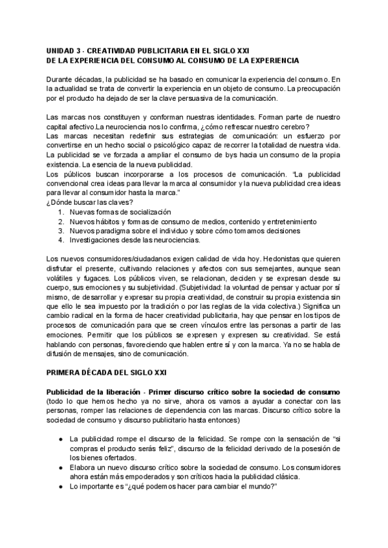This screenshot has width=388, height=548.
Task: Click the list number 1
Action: pyautogui.click(x=60, y=212)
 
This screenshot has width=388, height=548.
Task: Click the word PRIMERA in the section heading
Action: pyautogui.click(x=69, y=373)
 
